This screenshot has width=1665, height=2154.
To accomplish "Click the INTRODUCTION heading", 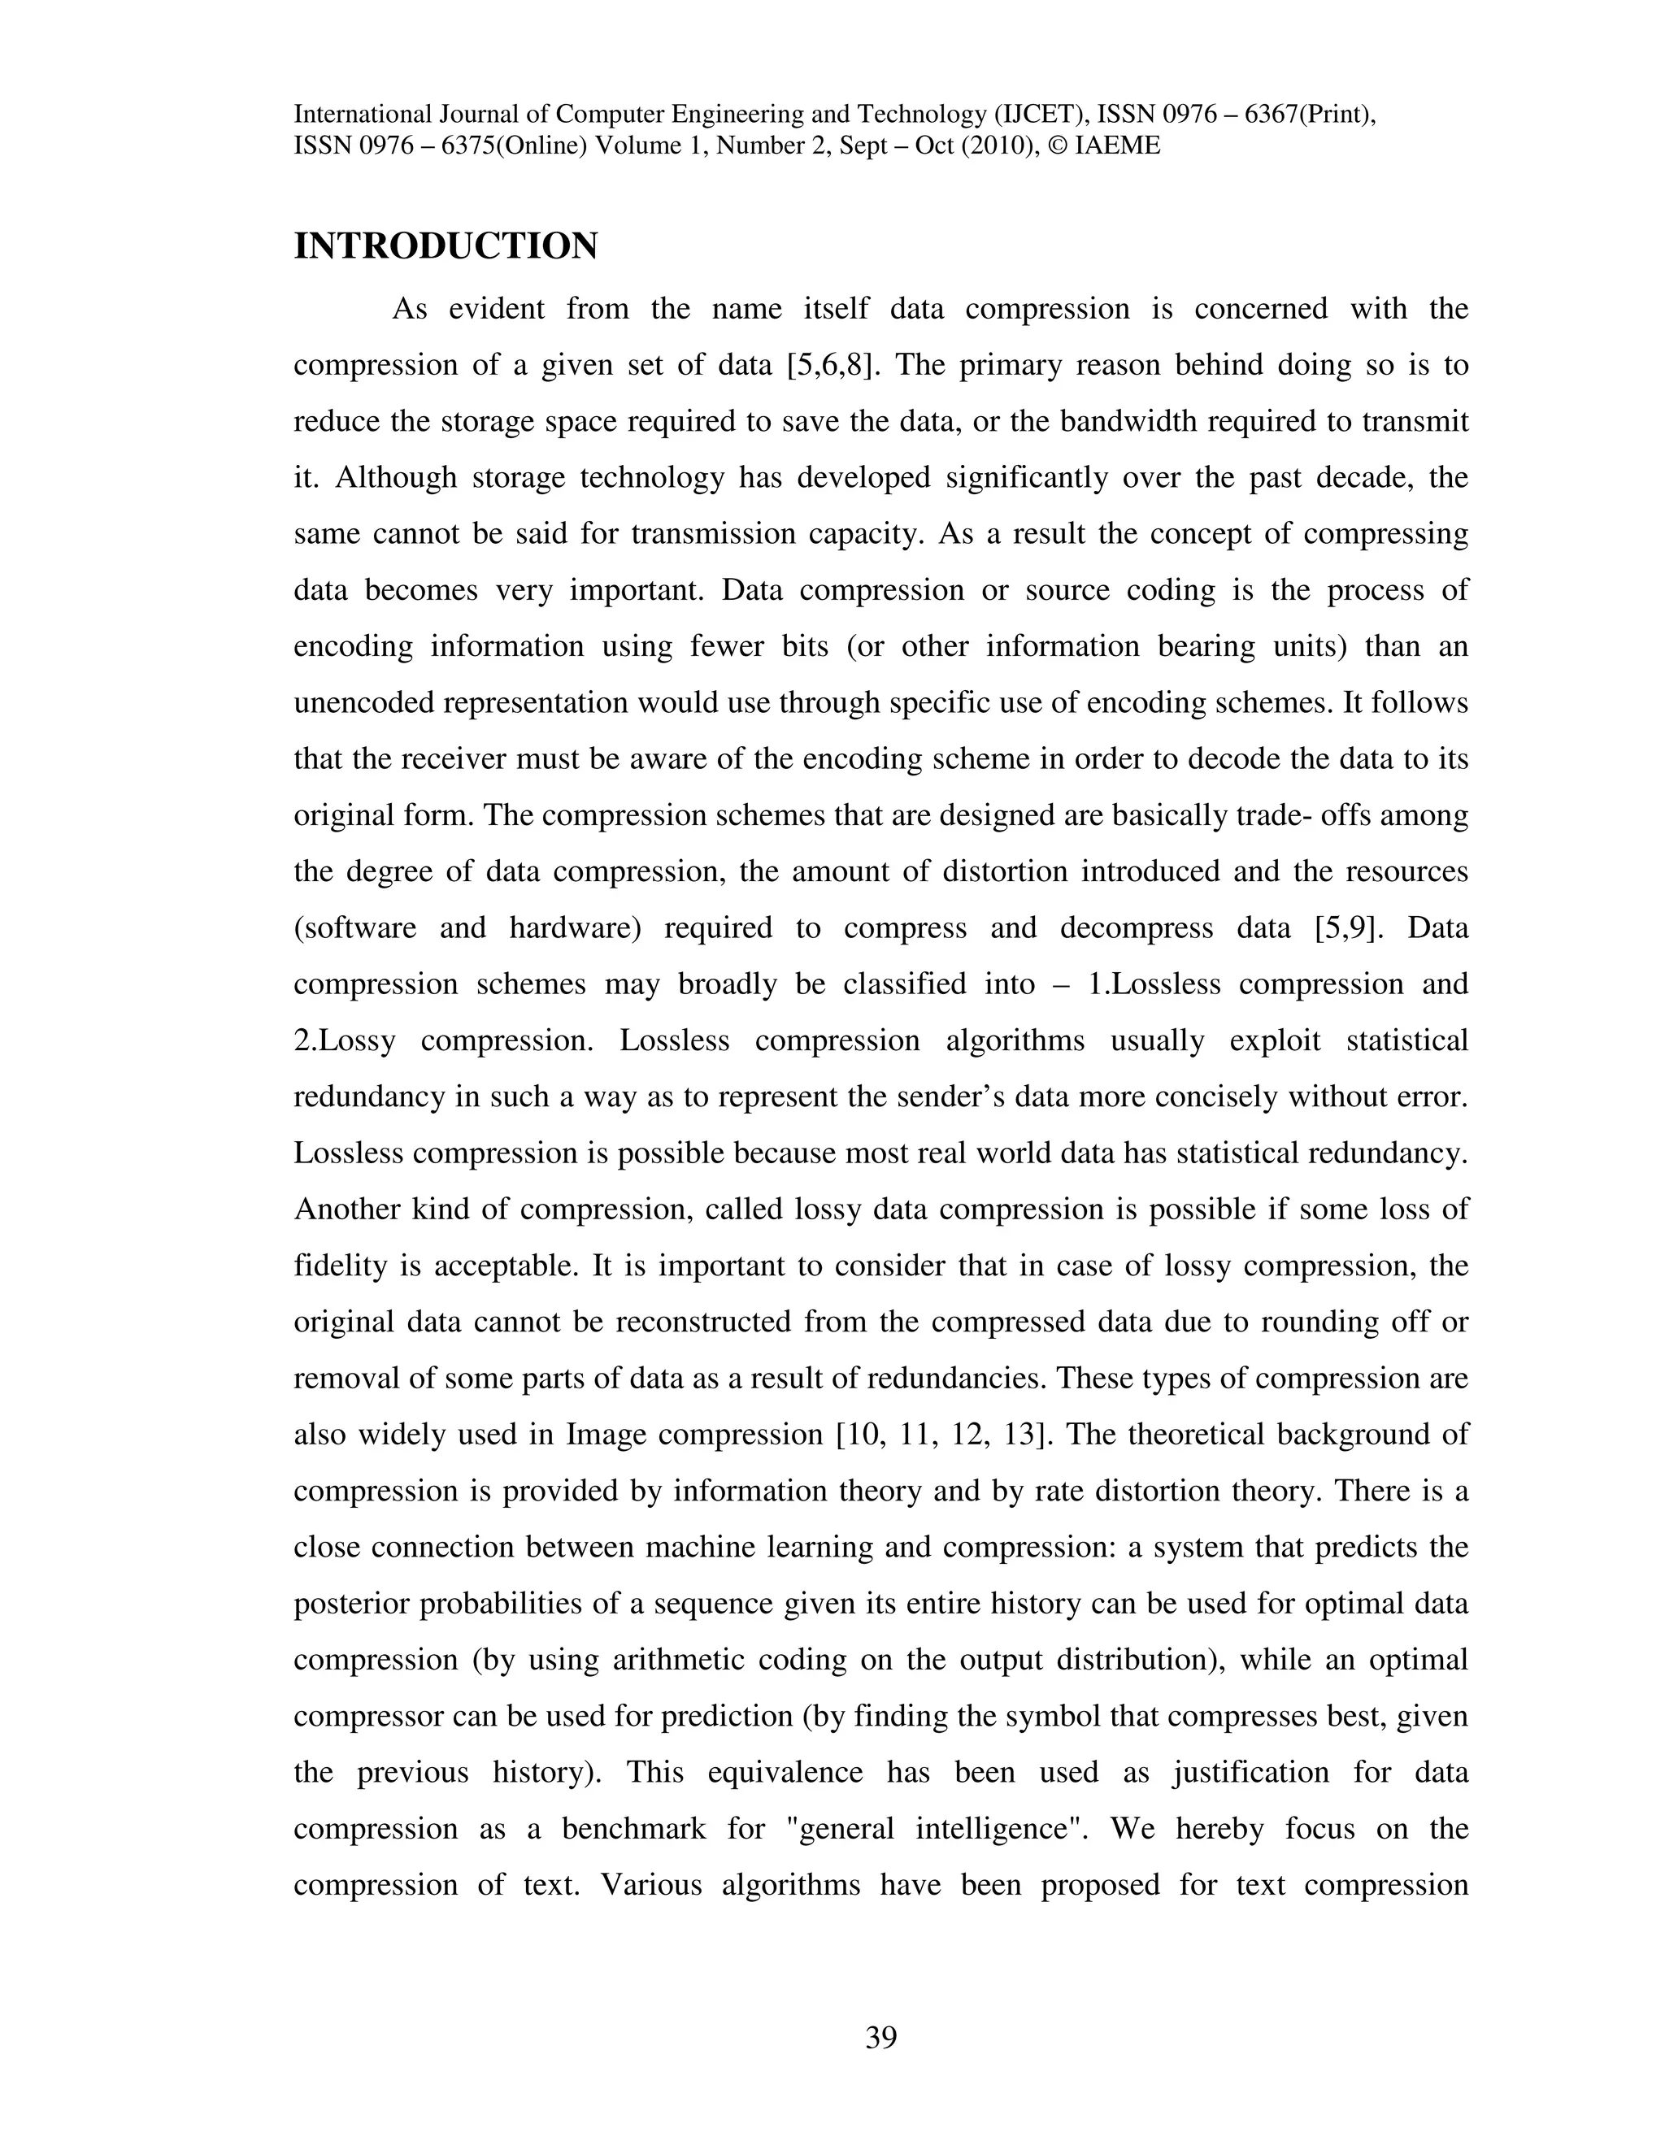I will coord(446,246).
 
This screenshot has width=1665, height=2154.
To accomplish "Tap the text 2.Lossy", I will coord(344,1040).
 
